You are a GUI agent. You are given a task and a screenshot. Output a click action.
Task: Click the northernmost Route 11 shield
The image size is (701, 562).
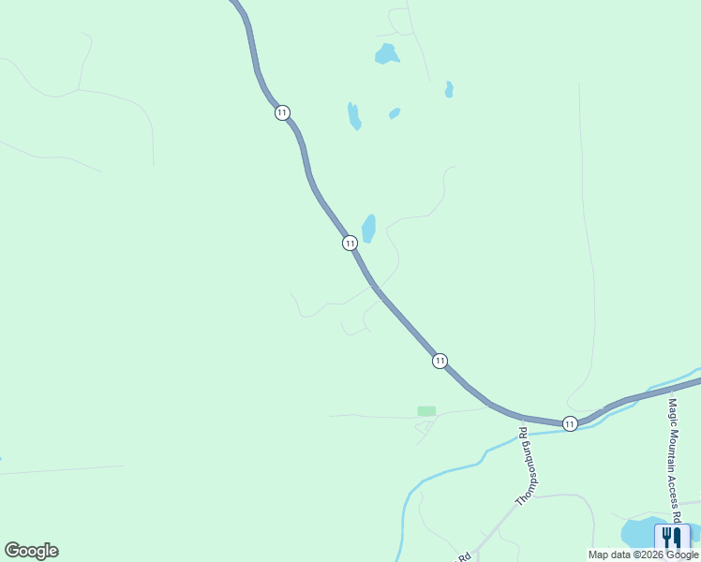[282, 112]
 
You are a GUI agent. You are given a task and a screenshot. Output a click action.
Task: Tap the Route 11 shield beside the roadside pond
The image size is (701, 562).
[350, 243]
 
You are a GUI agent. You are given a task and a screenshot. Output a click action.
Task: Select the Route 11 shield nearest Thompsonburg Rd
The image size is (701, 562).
[570, 424]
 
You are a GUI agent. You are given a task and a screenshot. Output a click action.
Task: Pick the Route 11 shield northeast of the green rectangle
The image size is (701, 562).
[440, 361]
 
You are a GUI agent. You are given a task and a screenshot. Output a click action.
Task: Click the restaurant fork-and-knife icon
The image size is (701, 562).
[671, 538]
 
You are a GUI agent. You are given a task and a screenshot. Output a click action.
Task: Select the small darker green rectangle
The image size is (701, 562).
[426, 410]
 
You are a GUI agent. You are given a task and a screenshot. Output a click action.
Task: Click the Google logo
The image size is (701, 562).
[31, 551]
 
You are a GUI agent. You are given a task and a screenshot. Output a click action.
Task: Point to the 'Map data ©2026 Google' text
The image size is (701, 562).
[643, 555]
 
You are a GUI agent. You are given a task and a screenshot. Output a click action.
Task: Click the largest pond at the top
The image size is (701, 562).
[386, 54]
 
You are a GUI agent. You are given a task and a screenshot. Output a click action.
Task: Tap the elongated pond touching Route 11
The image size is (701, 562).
[369, 229]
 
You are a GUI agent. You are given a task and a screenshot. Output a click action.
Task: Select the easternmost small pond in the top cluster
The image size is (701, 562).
[449, 90]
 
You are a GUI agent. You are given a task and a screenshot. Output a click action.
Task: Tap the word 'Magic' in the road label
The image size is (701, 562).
[672, 409]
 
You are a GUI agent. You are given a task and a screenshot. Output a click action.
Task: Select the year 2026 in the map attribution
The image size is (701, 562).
[655, 555]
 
